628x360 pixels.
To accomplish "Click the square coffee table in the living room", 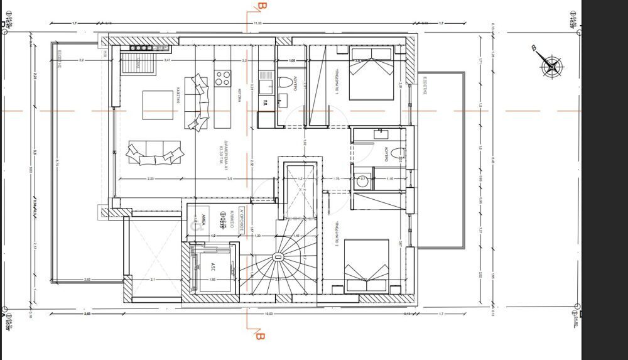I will point(158,105).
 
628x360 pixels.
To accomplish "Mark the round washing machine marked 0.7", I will point(362,180).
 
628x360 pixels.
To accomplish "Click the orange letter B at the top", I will point(262,7).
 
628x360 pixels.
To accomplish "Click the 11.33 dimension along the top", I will point(257,23).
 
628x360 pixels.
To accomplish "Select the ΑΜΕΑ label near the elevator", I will point(205,219).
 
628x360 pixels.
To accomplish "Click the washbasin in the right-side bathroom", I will point(381,133).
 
